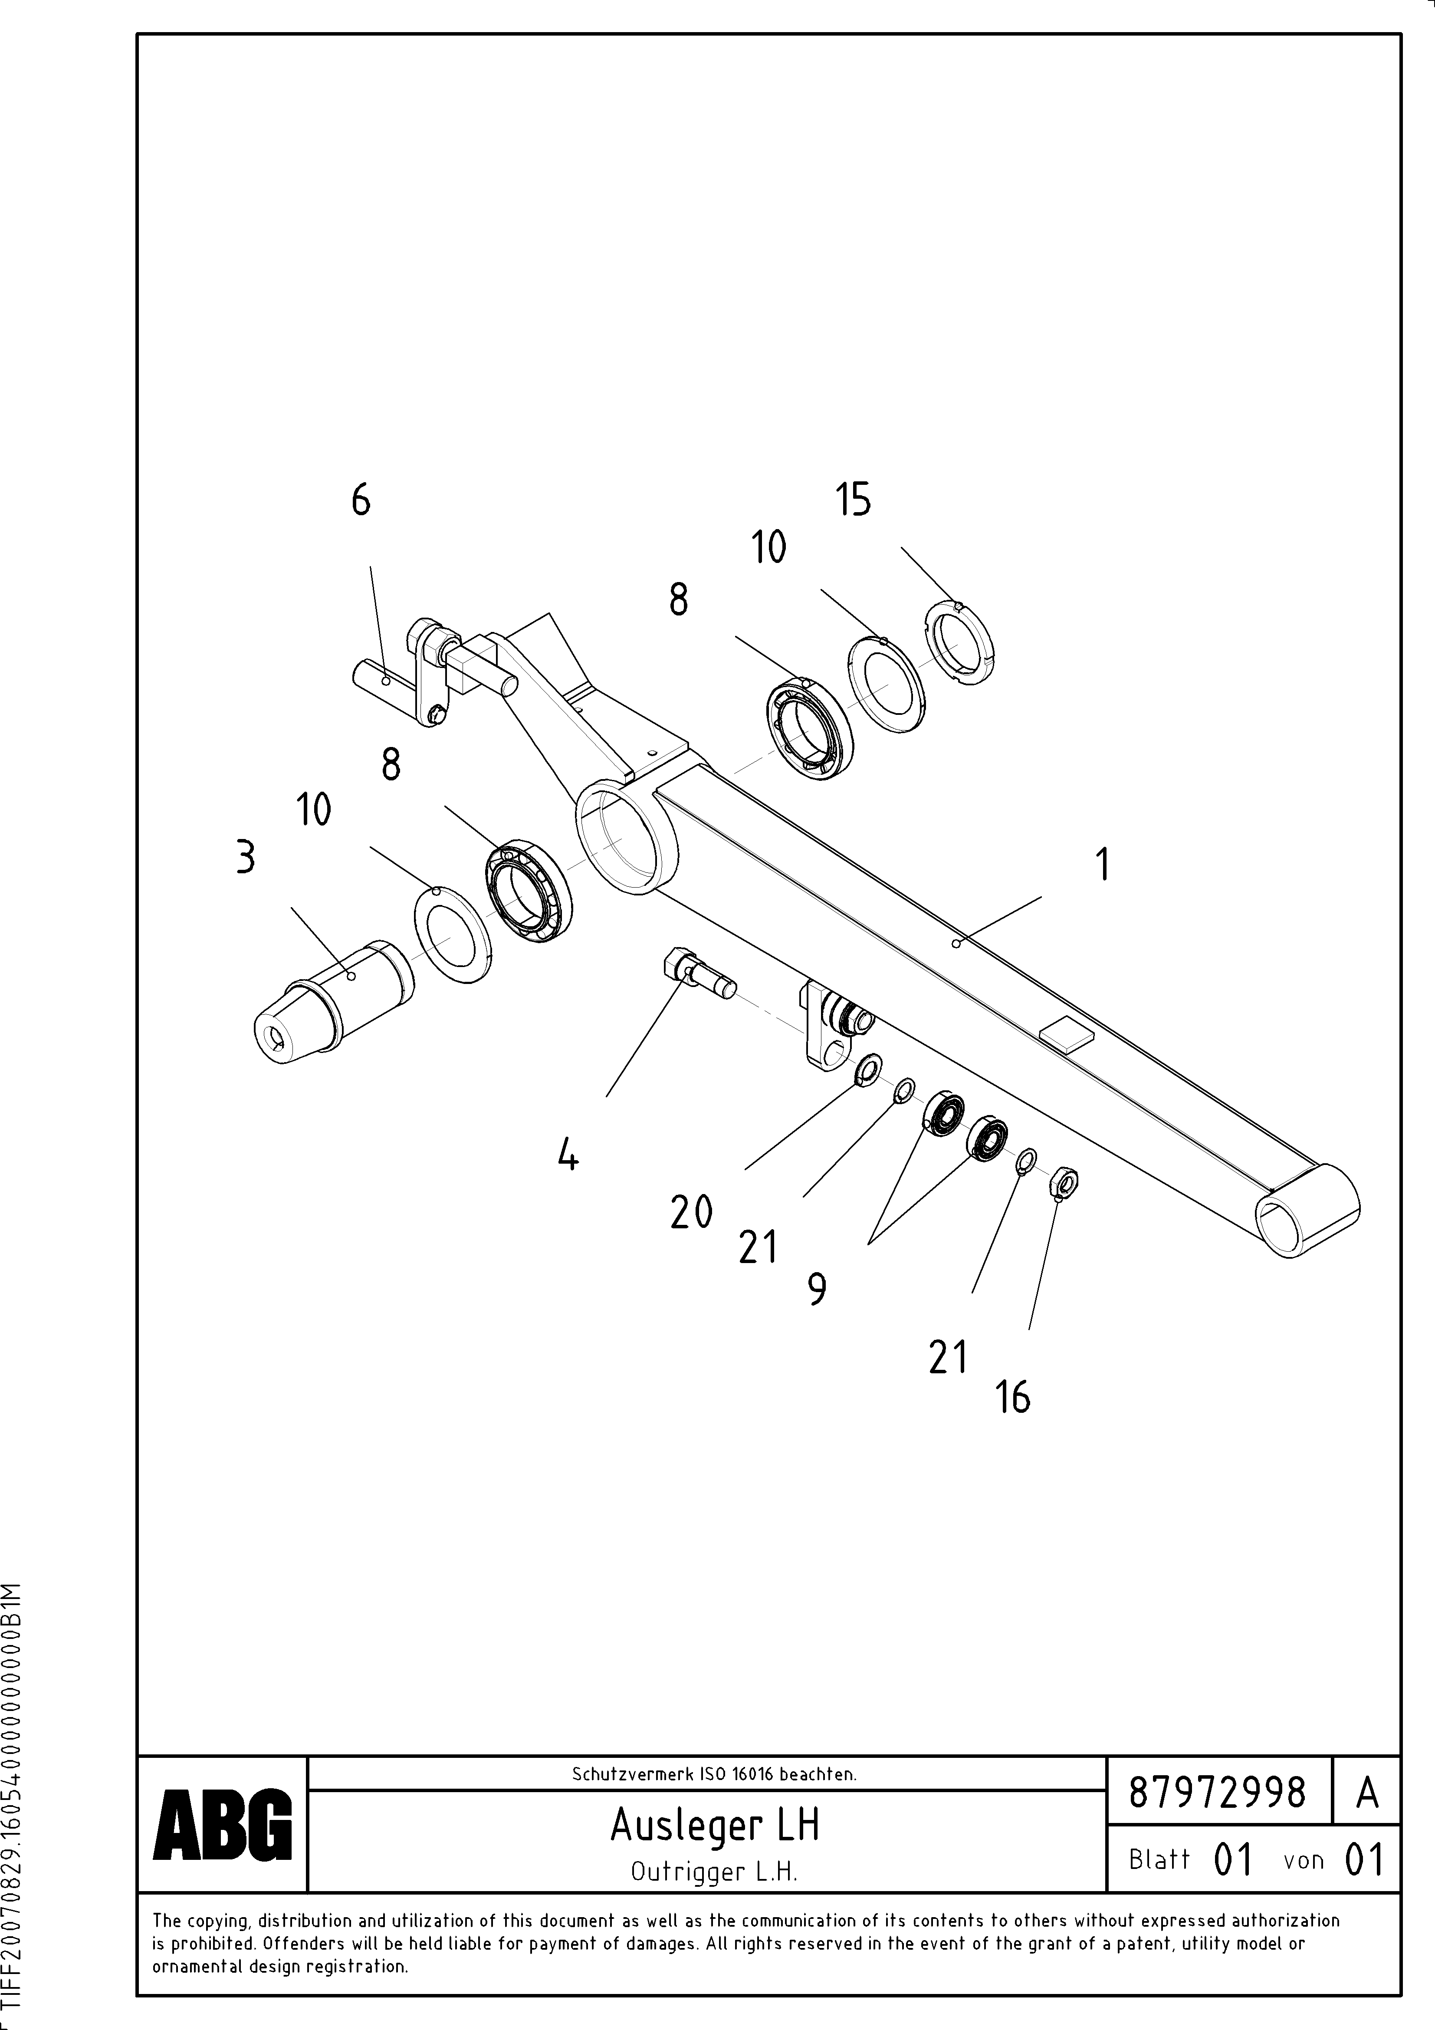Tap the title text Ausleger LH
[714, 1825]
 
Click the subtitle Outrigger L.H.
[714, 1872]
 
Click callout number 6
[361, 501]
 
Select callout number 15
[853, 500]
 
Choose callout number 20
[691, 1212]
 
